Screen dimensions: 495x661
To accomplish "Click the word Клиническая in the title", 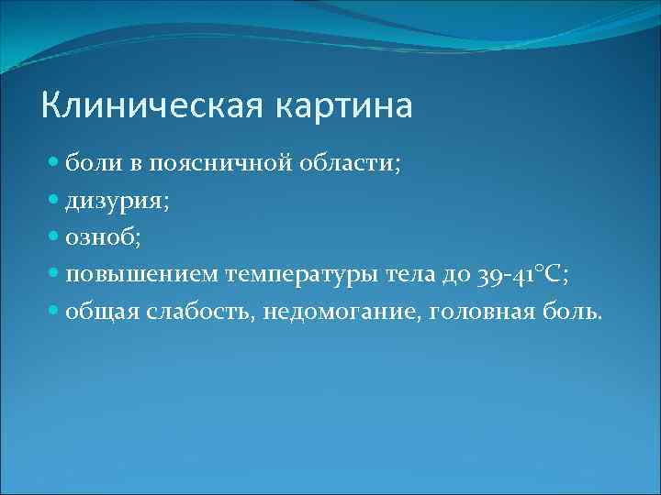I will tap(151, 105).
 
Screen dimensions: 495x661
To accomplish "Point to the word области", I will tap(353, 164).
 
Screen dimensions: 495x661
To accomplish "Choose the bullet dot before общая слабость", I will tap(54, 310).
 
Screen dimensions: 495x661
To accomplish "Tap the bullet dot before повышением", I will tap(54, 273).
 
